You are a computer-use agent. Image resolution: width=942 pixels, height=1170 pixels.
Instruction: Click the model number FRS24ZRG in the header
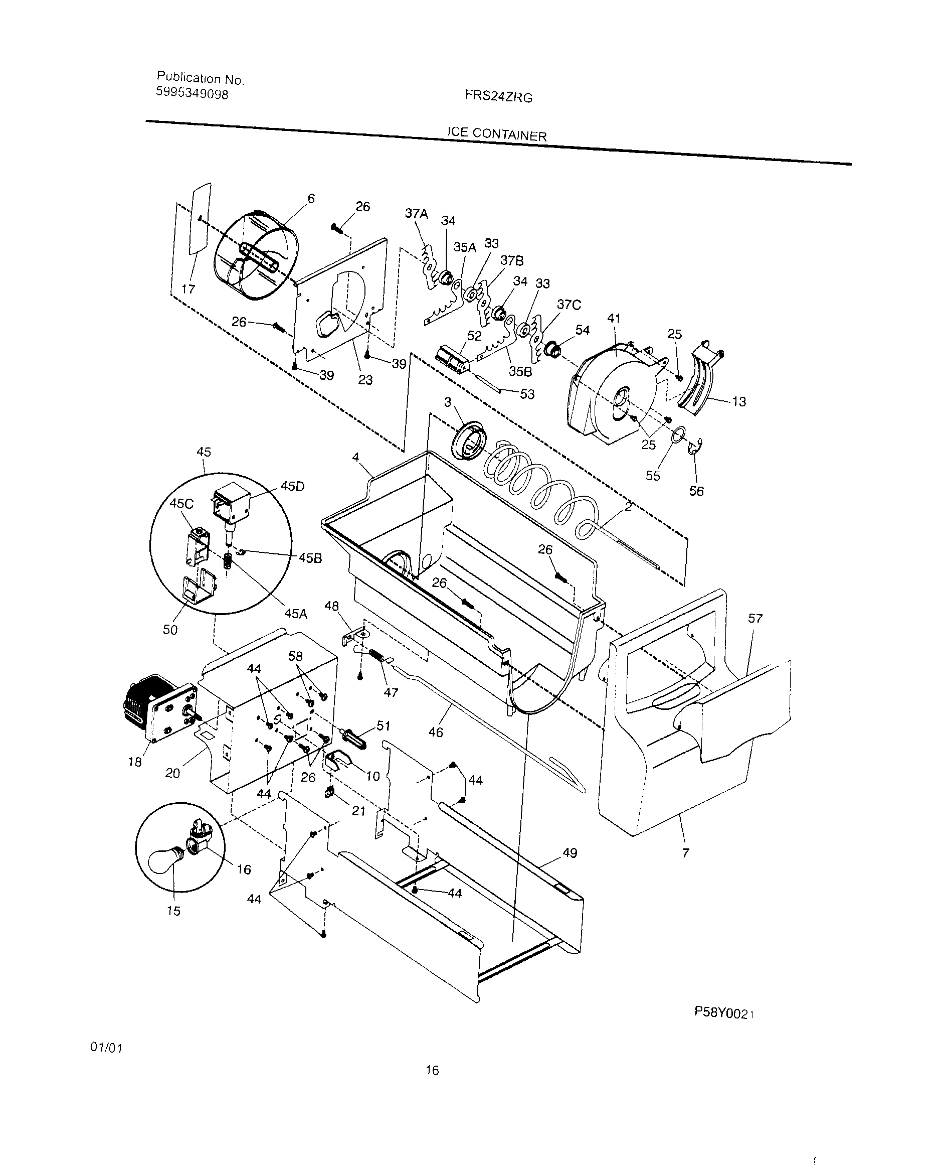pyautogui.click(x=498, y=97)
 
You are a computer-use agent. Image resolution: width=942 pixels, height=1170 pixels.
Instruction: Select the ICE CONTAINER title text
pyautogui.click(x=496, y=133)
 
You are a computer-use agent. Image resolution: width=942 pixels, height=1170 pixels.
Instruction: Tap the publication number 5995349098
pyautogui.click(x=192, y=93)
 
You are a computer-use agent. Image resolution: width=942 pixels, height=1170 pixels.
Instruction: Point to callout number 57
pyautogui.click(x=755, y=619)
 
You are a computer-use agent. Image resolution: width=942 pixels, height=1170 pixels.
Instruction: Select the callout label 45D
pyautogui.click(x=292, y=487)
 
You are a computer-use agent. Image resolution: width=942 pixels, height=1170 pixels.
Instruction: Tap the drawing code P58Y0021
pyautogui.click(x=724, y=1013)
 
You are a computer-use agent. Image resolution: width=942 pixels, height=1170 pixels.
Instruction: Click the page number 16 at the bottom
pyautogui.click(x=432, y=1070)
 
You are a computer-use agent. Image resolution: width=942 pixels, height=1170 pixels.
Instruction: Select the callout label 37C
pyautogui.click(x=569, y=305)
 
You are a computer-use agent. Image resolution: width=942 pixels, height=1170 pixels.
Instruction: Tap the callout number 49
pyautogui.click(x=570, y=852)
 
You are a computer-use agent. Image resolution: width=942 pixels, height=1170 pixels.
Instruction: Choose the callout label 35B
pyautogui.click(x=519, y=371)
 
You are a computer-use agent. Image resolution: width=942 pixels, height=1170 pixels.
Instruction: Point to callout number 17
pyautogui.click(x=188, y=289)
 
